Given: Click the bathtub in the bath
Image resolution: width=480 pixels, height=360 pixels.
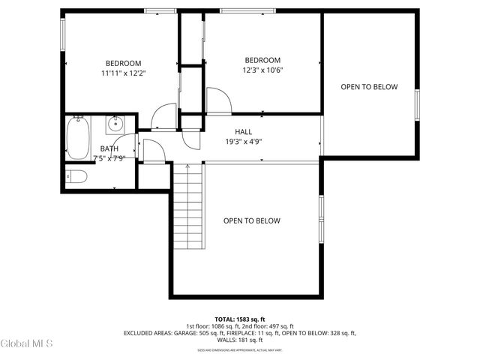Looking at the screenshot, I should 76,139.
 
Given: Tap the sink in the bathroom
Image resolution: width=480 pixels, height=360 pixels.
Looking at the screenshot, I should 115,124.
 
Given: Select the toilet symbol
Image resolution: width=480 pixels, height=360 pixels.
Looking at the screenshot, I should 76,177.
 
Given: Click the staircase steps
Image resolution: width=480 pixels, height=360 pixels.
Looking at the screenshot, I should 189,206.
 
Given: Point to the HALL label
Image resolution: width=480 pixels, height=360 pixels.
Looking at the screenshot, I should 243,131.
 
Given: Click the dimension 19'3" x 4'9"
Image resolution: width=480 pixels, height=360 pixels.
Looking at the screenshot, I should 243,141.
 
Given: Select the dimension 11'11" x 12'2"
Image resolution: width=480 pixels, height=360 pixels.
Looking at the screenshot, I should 123,73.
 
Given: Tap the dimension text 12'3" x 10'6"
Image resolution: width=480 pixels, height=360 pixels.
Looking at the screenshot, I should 262,70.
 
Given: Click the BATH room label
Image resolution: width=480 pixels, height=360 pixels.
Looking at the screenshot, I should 109,148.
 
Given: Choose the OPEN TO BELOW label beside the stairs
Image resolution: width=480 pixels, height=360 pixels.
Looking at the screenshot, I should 252,220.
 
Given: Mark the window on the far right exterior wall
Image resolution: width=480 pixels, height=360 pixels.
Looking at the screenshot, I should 417,100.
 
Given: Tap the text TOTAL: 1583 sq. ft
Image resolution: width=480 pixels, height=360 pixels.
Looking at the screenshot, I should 240,319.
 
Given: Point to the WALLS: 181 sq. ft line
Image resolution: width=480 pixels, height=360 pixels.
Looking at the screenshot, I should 240,340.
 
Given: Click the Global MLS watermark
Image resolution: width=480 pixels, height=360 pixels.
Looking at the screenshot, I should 27,343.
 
